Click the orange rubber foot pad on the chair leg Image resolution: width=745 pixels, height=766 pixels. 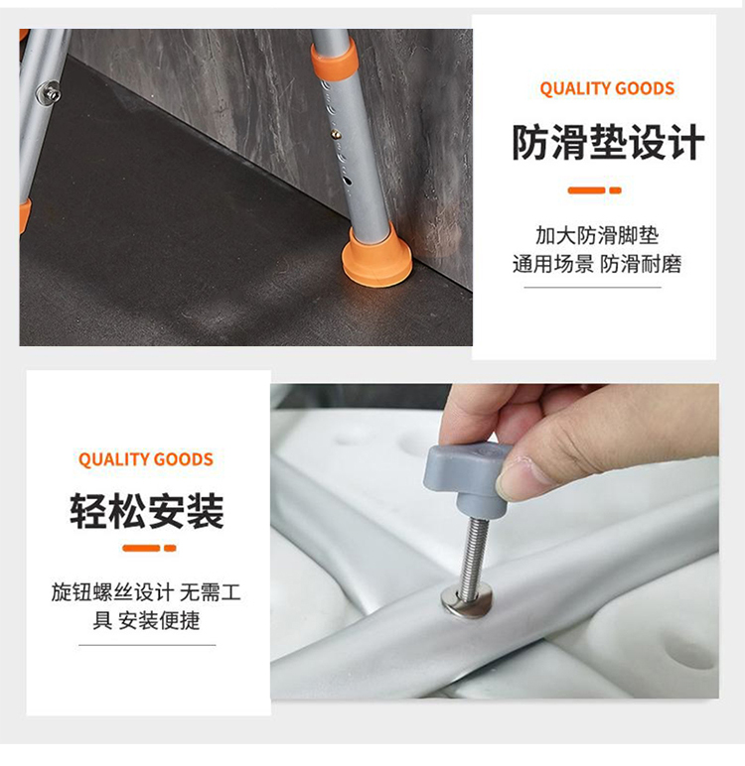pos(376,257)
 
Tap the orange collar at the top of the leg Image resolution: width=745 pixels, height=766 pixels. pos(335,60)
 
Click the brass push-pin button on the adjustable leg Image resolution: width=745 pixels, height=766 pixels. pos(336,132)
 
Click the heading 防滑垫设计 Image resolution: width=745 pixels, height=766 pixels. pos(608,142)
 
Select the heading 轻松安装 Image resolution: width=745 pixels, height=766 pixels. pos(146,511)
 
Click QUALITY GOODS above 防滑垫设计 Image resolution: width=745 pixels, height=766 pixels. pos(607,88)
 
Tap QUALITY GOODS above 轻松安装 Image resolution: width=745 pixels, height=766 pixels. pos(146,459)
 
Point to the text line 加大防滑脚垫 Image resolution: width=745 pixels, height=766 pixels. pos(597,235)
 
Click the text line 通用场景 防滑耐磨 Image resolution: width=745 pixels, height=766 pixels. pos(597,264)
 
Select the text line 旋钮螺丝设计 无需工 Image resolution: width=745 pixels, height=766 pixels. pos(146,592)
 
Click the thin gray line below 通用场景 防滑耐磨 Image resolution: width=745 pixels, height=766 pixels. pos(592,288)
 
